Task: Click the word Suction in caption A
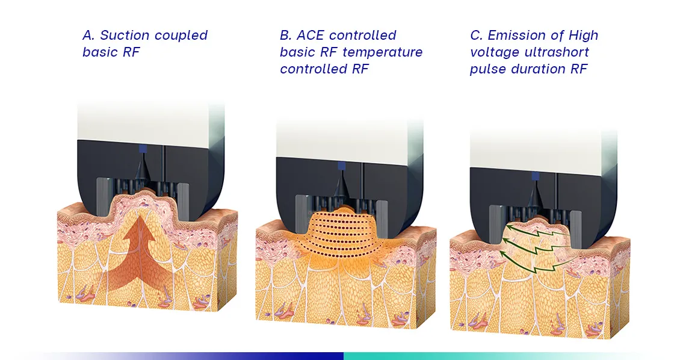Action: [x=125, y=35]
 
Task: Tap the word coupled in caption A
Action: [x=181, y=36]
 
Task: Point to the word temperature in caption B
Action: [x=382, y=52]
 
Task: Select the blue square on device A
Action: [x=143, y=149]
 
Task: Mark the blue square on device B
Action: [x=342, y=166]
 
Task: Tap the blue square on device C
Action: [x=536, y=176]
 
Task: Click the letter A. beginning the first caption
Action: [x=89, y=35]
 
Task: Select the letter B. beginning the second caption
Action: [x=286, y=35]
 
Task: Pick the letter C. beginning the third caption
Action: [x=477, y=35]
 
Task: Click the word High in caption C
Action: [x=583, y=36]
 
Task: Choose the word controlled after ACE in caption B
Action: [x=363, y=35]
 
